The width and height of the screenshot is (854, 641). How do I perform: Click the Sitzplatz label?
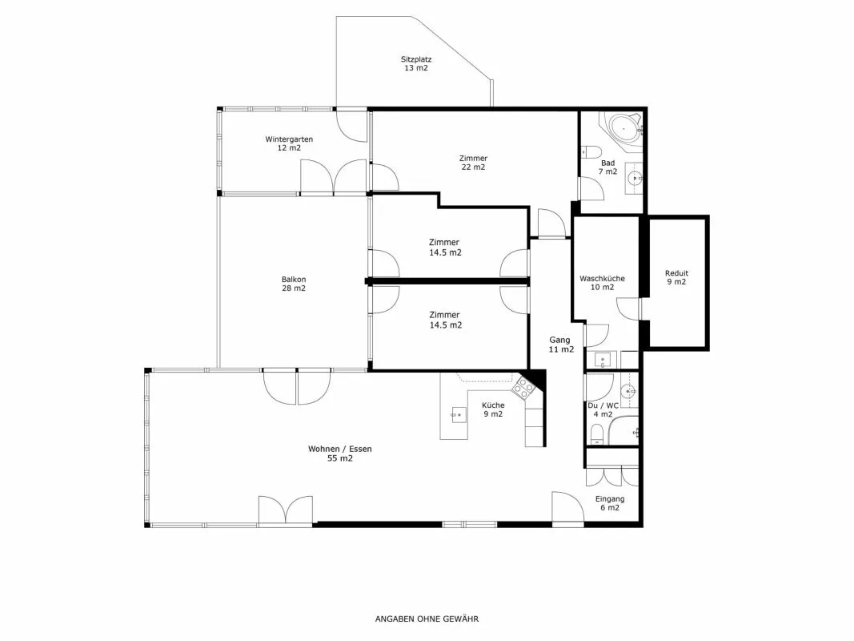pyautogui.click(x=416, y=59)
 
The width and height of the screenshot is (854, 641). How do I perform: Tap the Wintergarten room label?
pyautogui.click(x=289, y=139)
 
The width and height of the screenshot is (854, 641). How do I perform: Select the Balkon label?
pyautogui.click(x=294, y=280)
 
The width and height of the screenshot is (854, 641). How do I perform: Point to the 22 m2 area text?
pyautogui.click(x=473, y=167)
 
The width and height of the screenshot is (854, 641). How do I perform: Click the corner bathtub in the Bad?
pyautogui.click(x=622, y=129)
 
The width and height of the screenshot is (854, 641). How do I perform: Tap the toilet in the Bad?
pyautogui.click(x=590, y=151)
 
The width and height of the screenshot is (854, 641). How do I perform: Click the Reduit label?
pyautogui.click(x=676, y=273)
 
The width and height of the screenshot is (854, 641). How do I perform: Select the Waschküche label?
pyautogui.click(x=602, y=279)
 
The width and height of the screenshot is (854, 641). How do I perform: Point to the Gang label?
pyautogui.click(x=560, y=340)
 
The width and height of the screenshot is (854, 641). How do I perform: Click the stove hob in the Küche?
pyautogui.click(x=523, y=388)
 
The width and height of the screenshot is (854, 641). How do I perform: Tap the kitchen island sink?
pyautogui.click(x=458, y=415)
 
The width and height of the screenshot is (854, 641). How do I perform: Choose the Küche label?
pyautogui.click(x=493, y=405)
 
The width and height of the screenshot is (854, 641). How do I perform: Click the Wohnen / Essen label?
pyautogui.click(x=340, y=450)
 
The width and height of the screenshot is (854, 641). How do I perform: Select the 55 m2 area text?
pyautogui.click(x=340, y=458)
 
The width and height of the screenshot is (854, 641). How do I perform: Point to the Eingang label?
pyautogui.click(x=610, y=498)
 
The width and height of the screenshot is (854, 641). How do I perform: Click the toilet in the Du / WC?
pyautogui.click(x=597, y=434)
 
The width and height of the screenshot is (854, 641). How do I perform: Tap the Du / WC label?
pyautogui.click(x=603, y=405)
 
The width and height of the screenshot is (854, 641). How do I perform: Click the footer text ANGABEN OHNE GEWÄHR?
pyautogui.click(x=427, y=619)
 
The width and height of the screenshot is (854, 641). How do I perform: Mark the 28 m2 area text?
pyautogui.click(x=294, y=288)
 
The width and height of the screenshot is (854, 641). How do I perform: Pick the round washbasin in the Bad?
pyautogui.click(x=634, y=178)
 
